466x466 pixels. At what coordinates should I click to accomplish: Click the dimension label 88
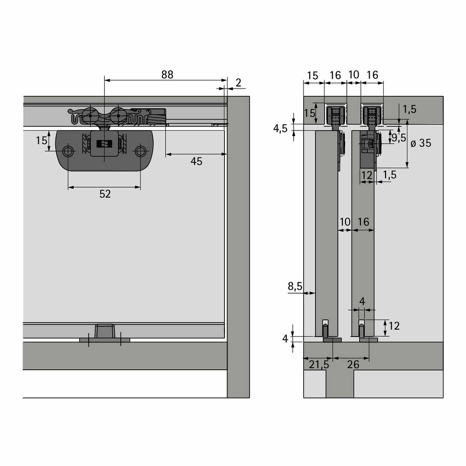[x=167, y=75]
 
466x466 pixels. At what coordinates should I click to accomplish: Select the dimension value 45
[x=196, y=161]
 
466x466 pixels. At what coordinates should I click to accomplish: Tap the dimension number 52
[x=105, y=194]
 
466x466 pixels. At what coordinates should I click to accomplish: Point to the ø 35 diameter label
[x=421, y=143]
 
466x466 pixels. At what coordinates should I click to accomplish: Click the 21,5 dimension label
[x=319, y=365]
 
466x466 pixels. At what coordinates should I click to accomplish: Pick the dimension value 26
[x=353, y=365]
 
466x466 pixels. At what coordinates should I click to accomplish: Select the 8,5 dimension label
[x=295, y=286]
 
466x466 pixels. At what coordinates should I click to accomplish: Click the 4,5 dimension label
[x=280, y=129]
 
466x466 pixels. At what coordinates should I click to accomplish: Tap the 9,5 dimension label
[x=399, y=137]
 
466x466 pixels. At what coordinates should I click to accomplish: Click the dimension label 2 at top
[x=238, y=83]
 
